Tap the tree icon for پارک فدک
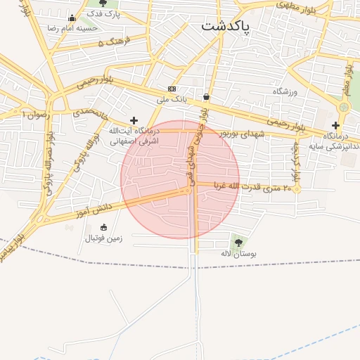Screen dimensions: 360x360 [103, 4]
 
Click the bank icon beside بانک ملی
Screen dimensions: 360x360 [172, 89]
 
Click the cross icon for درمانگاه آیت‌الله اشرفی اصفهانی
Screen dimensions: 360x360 [134, 121]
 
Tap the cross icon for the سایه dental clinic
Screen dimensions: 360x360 [335, 125]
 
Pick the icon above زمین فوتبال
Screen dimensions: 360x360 [104, 227]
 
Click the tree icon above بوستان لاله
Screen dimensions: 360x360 [236, 241]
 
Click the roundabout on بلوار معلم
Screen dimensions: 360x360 [343, 108]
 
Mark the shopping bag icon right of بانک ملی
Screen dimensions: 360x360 [206, 97]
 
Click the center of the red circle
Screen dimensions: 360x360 [180, 179]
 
